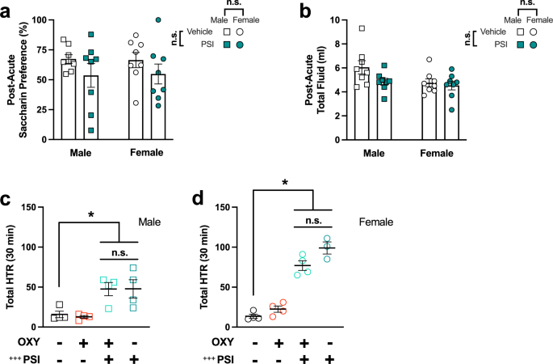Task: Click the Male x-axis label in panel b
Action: point(374,154)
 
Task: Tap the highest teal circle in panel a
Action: point(158,19)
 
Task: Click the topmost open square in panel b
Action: point(363,28)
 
